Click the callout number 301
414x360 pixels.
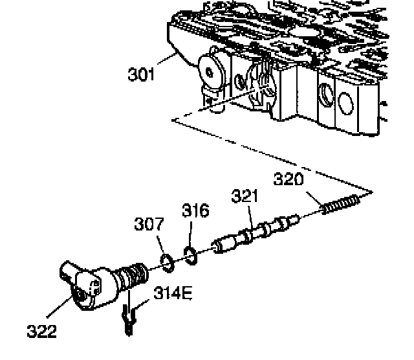click(142, 74)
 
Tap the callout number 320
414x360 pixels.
click(289, 179)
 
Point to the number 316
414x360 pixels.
click(195, 211)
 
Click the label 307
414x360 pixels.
click(149, 225)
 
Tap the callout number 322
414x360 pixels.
click(41, 332)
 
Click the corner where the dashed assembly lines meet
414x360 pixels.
click(371, 192)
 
